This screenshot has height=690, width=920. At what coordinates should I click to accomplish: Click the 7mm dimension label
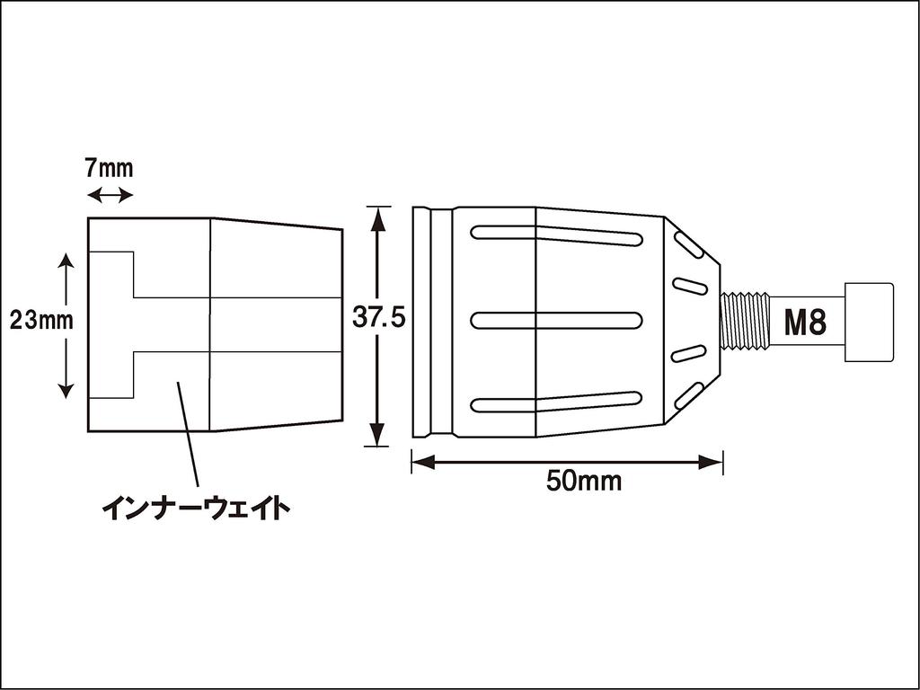[x=109, y=169]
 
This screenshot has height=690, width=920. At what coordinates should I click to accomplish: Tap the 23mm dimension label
[x=41, y=321]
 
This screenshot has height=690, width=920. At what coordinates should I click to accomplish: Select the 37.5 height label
[x=379, y=319]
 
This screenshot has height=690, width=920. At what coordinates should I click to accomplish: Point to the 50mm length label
[x=583, y=482]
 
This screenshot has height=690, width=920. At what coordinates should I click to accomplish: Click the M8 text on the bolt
[x=805, y=323]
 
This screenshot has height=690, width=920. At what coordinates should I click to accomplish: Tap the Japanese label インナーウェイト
[x=197, y=508]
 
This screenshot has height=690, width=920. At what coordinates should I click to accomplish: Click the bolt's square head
[x=869, y=323]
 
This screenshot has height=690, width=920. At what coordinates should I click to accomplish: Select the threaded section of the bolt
[x=745, y=322]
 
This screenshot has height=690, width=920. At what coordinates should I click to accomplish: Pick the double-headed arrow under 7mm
[x=111, y=195]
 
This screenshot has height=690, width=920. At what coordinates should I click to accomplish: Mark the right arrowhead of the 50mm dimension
[x=711, y=463]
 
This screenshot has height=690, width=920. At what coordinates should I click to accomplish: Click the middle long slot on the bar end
[x=556, y=321]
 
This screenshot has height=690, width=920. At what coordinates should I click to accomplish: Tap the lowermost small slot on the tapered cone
[x=689, y=395]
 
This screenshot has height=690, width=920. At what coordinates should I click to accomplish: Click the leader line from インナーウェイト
[x=189, y=434]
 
